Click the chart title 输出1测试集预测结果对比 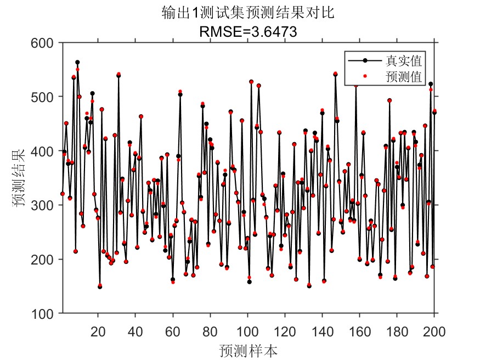(x=249, y=13)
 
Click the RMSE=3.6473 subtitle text (x=249, y=32)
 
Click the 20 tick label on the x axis (x=98, y=331)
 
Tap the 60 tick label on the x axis (x=173, y=331)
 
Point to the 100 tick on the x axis (x=247, y=331)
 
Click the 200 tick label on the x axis (x=434, y=331)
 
